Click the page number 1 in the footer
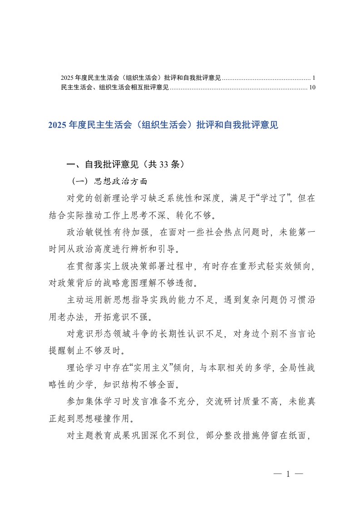pos(288,475)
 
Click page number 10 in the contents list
pos(311,88)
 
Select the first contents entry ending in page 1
pos(141,78)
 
